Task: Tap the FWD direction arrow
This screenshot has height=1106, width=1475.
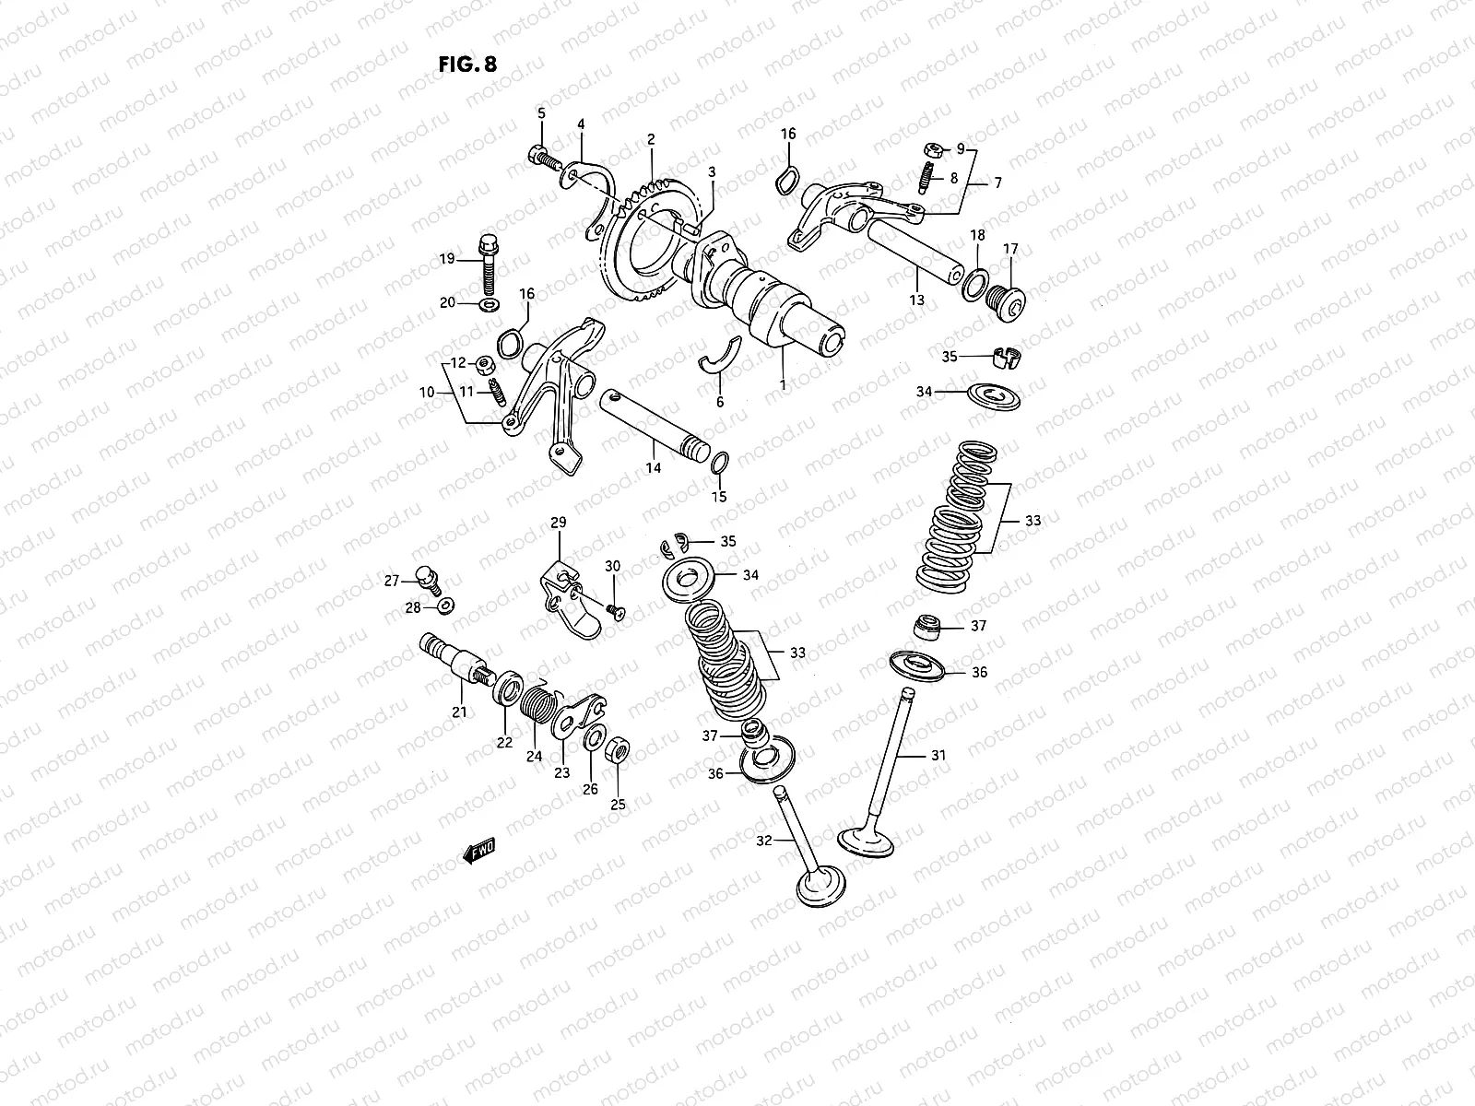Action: pos(479,852)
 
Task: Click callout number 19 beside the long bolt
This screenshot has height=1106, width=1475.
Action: pos(447,259)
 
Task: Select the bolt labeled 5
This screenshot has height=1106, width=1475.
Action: pos(540,156)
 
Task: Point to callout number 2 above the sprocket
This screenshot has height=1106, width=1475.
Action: pos(651,140)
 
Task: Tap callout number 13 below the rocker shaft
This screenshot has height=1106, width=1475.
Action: pos(916,300)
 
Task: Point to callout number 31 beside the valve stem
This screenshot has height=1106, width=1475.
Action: pos(938,755)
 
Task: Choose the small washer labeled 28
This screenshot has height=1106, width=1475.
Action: pos(445,606)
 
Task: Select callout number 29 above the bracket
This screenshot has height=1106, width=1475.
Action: pos(559,523)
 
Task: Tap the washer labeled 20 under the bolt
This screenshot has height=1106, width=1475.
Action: pos(486,302)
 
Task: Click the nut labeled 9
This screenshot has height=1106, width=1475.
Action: pos(931,149)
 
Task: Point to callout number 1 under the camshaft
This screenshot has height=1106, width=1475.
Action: pos(783,385)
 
